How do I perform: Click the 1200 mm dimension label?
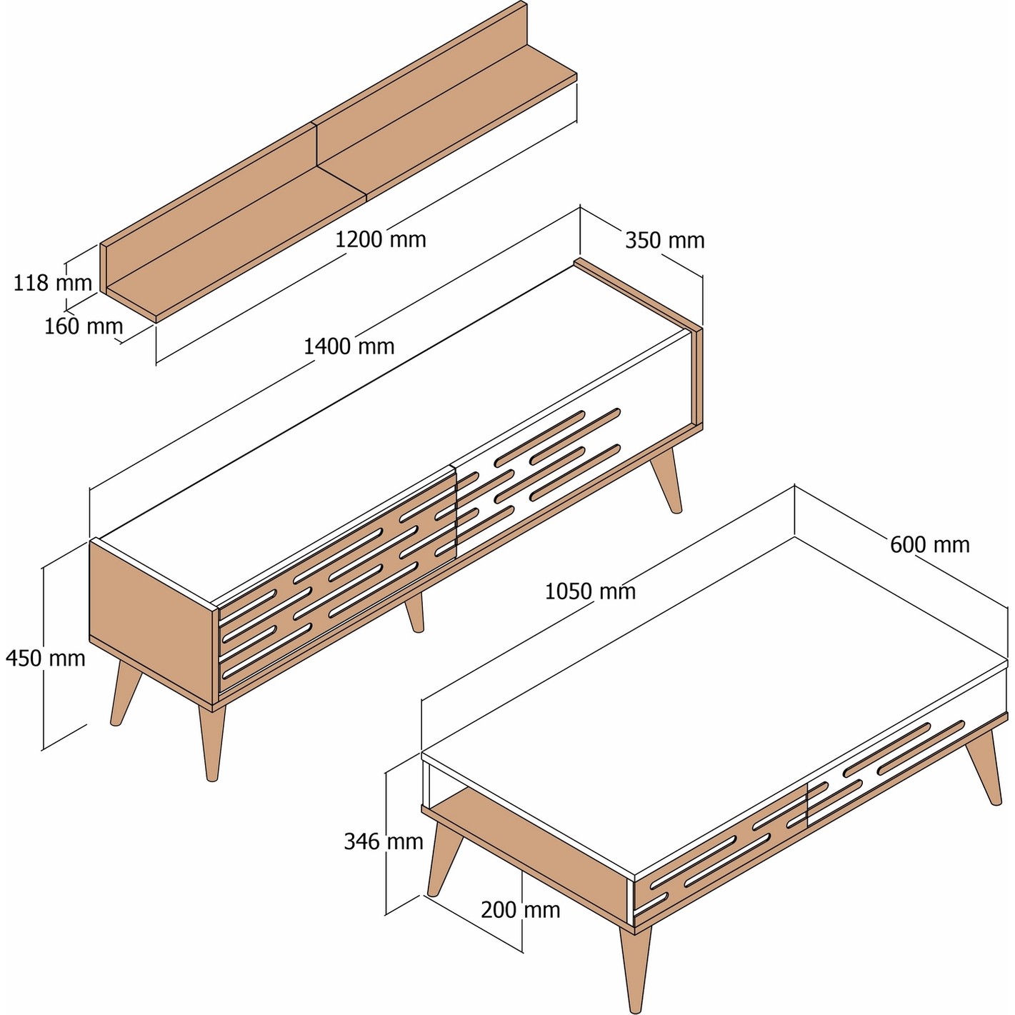(380, 240)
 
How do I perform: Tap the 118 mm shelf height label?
(52, 284)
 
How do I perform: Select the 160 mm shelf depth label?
(84, 326)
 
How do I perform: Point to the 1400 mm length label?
(349, 346)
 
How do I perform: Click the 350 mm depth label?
(665, 241)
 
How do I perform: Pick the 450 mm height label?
(45, 659)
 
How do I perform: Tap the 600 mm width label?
(930, 544)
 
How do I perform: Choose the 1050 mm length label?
(590, 591)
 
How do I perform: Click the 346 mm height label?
(384, 841)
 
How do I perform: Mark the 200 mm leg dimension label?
(521, 910)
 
